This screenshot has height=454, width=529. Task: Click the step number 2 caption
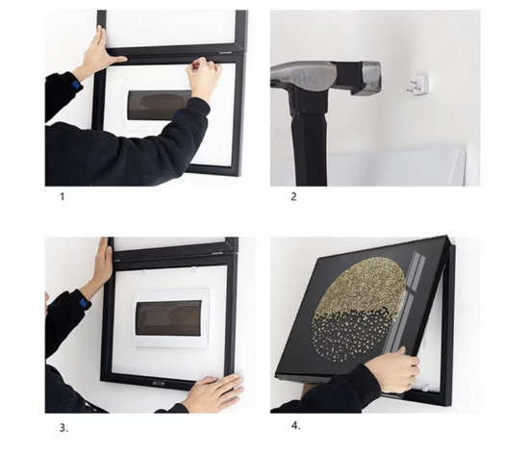point(294,197)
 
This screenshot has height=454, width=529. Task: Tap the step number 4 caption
point(296,424)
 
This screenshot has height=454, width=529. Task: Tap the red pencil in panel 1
point(194,66)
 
